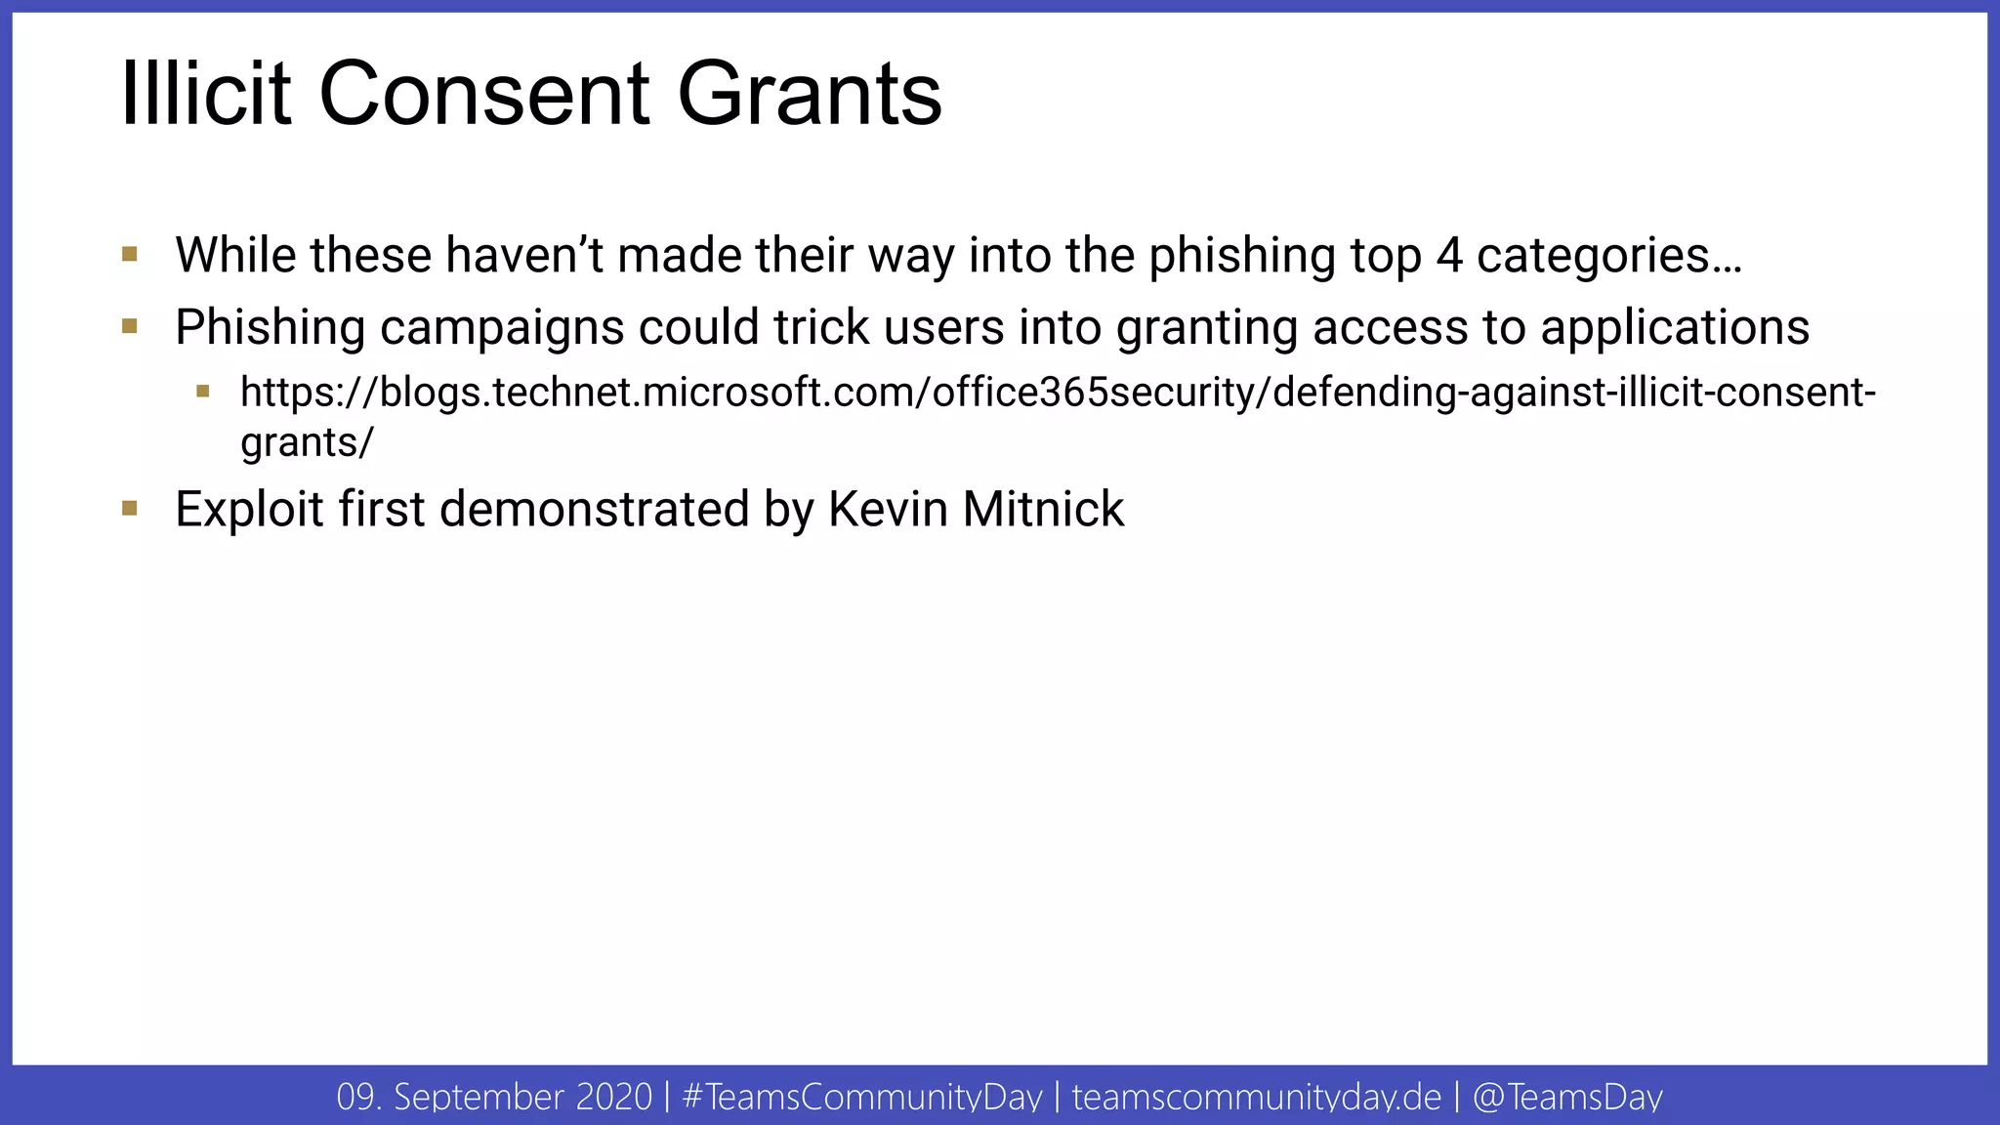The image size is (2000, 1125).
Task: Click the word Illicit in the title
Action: tap(206, 94)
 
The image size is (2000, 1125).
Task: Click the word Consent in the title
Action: tap(484, 94)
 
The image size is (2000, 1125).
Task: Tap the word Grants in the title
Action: tap(810, 94)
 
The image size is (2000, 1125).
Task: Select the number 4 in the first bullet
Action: tap(1449, 255)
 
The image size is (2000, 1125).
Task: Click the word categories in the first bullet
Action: tap(1608, 257)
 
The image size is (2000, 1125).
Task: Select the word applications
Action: tap(1675, 328)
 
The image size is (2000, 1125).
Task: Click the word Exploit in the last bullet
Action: tap(249, 510)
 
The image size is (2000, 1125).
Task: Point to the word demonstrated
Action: tap(594, 509)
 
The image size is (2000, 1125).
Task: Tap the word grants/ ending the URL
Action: tap(307, 443)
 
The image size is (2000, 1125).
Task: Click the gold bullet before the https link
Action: tap(203, 392)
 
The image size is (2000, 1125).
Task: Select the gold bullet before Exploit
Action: tap(130, 508)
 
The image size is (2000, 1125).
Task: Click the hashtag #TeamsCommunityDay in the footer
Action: tap(862, 1097)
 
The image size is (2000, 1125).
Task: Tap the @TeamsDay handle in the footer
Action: tap(1567, 1097)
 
